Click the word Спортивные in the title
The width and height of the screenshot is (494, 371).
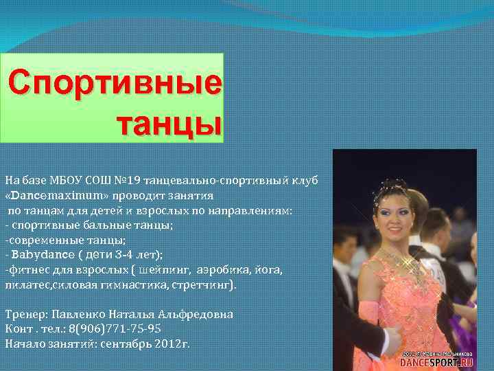116,84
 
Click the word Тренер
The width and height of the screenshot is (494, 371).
25,314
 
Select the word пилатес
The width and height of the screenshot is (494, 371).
27,284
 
